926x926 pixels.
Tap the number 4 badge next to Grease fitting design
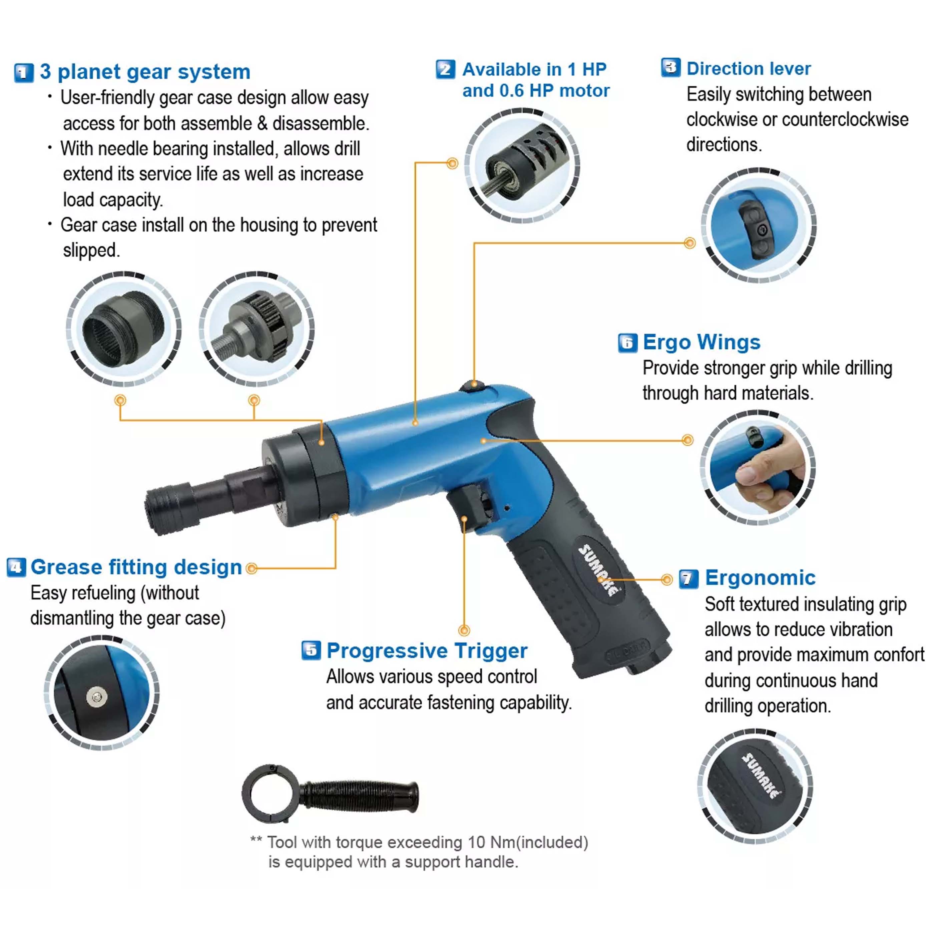[16, 567]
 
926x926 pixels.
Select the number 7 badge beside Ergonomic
[689, 578]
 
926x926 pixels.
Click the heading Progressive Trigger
[427, 651]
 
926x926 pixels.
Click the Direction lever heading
[748, 68]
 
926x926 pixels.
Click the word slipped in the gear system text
[91, 251]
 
